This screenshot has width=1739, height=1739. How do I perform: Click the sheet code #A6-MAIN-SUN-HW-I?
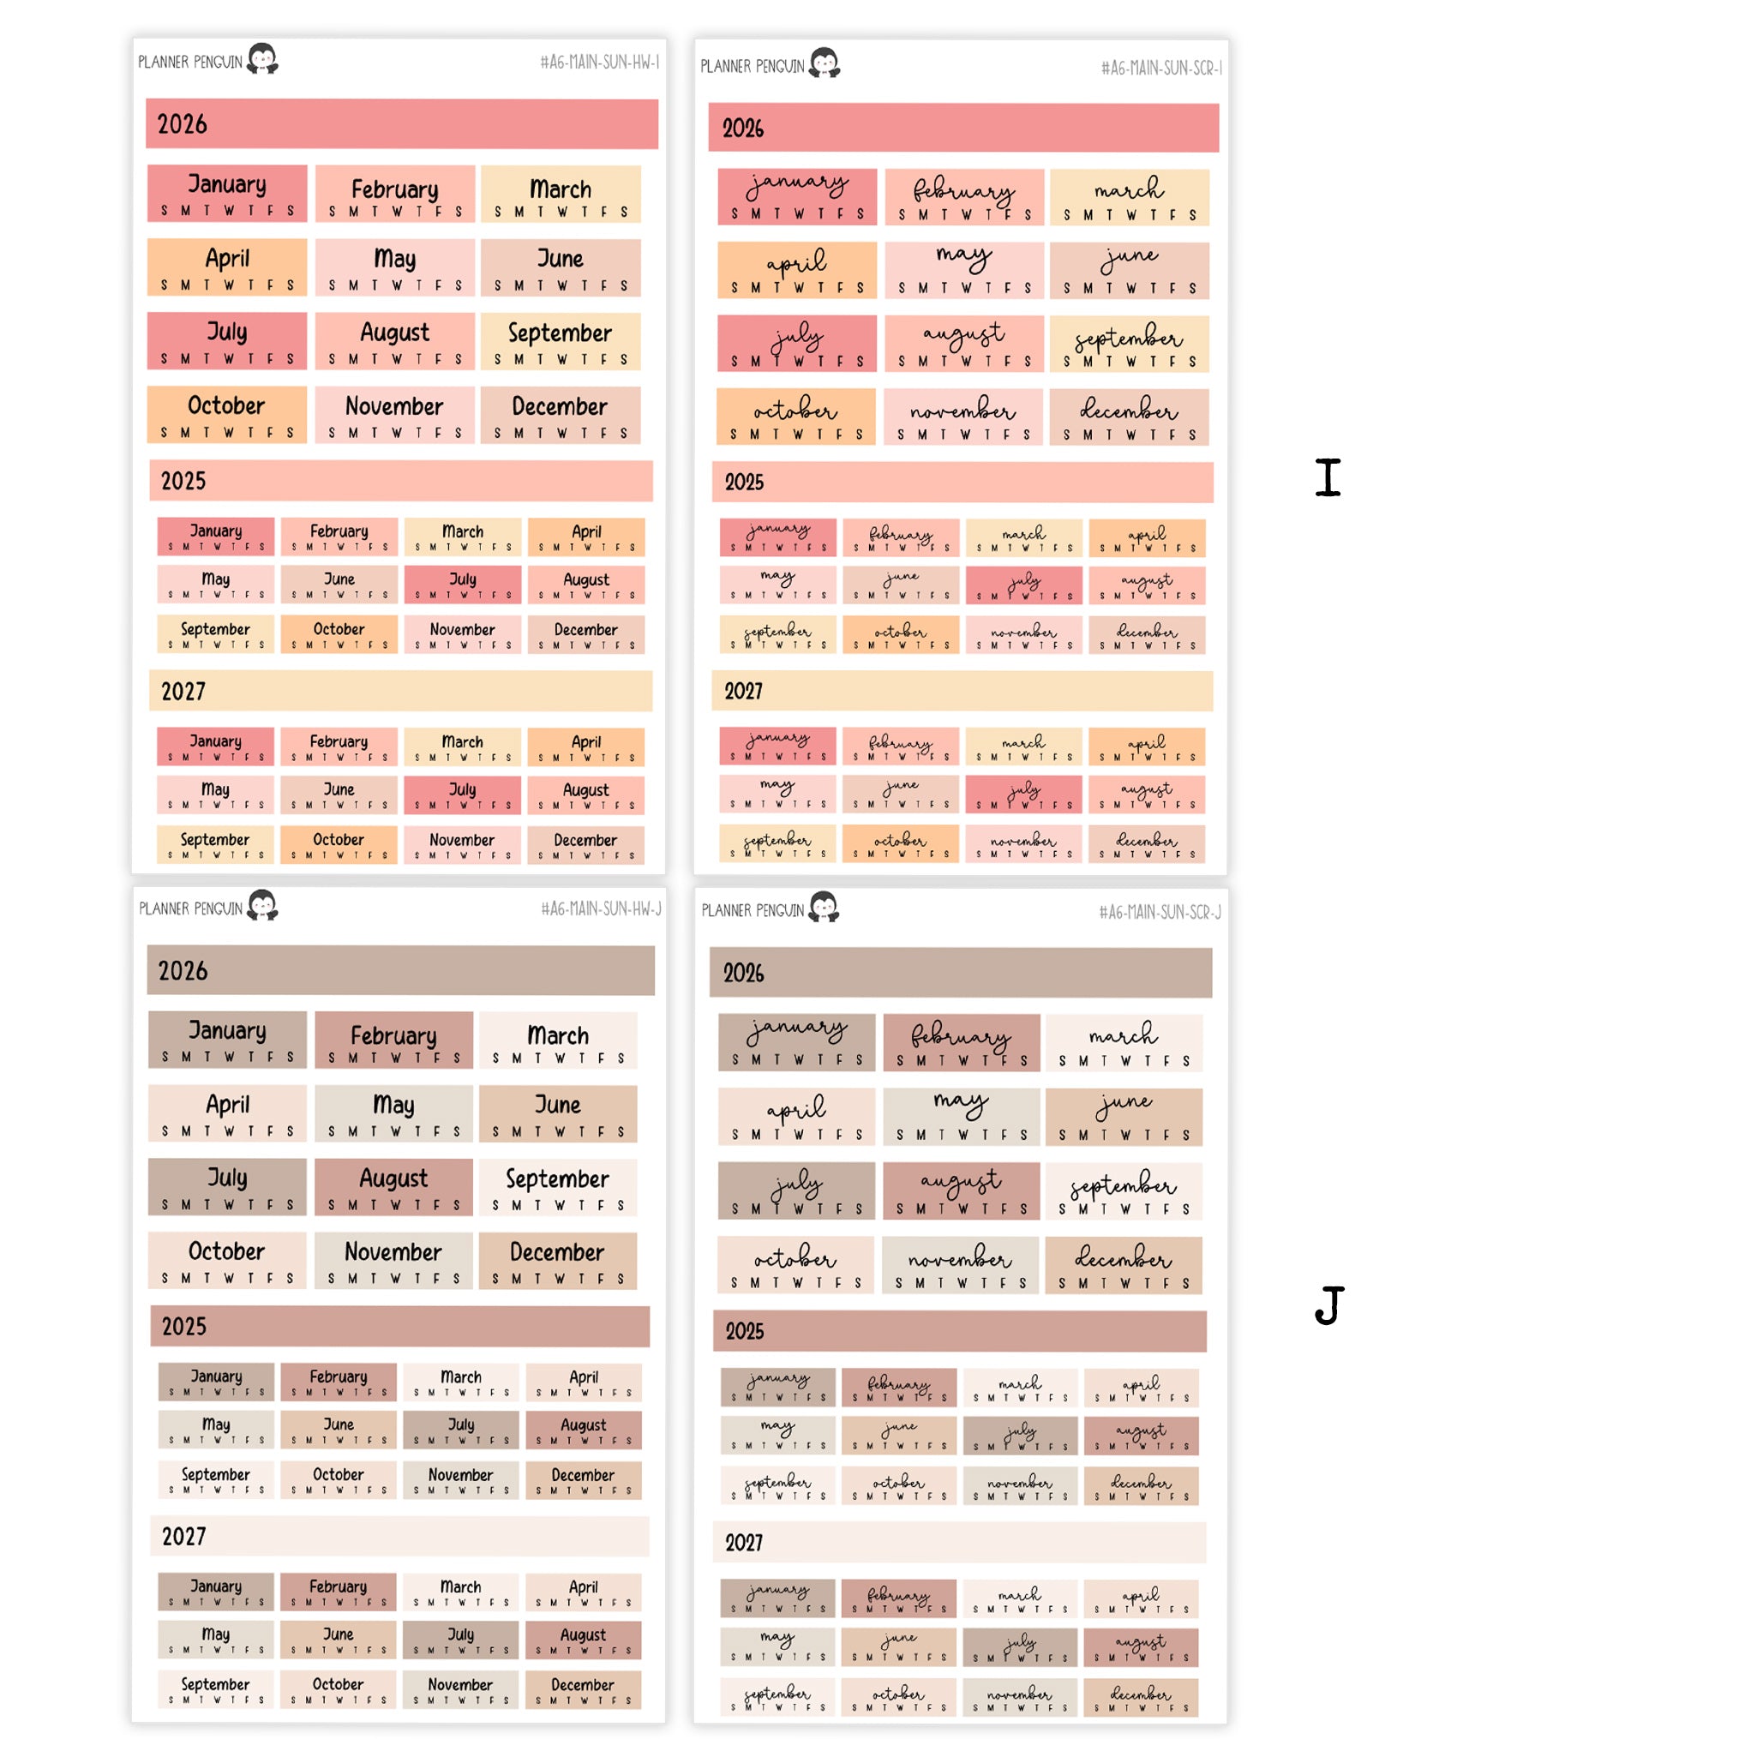click(599, 62)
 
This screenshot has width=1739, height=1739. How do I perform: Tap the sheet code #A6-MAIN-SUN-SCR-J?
click(1160, 912)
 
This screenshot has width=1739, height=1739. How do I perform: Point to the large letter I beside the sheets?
click(1328, 477)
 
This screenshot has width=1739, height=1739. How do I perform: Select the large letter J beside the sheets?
click(1328, 1305)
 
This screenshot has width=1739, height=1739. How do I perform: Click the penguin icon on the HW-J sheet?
click(263, 904)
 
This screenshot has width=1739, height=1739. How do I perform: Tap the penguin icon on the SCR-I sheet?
click(825, 63)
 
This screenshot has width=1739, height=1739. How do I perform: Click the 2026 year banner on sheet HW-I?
click(401, 124)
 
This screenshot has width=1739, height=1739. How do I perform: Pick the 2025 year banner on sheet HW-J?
click(399, 1326)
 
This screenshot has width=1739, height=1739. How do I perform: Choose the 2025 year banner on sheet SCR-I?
click(962, 483)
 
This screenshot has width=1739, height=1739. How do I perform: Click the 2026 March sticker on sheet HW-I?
click(561, 195)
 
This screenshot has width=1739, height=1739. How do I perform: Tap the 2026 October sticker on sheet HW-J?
click(227, 1260)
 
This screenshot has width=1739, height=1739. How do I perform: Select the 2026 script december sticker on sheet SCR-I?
click(1129, 417)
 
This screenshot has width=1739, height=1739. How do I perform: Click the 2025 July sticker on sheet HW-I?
click(463, 585)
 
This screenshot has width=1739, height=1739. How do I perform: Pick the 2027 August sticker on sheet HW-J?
click(584, 1640)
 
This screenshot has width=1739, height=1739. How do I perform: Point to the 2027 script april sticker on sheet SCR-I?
click(1147, 747)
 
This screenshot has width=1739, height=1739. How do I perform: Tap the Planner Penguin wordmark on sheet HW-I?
click(190, 62)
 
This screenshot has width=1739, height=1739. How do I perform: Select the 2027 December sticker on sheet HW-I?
click(586, 845)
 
